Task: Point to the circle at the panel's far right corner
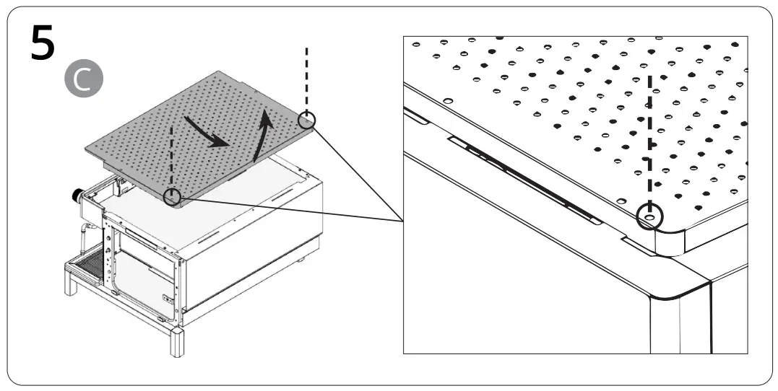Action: (x=307, y=119)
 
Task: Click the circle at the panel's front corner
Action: (x=172, y=196)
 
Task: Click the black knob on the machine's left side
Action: (x=76, y=195)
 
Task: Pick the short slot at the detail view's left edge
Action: (x=415, y=114)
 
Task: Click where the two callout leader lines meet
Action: (x=402, y=219)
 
